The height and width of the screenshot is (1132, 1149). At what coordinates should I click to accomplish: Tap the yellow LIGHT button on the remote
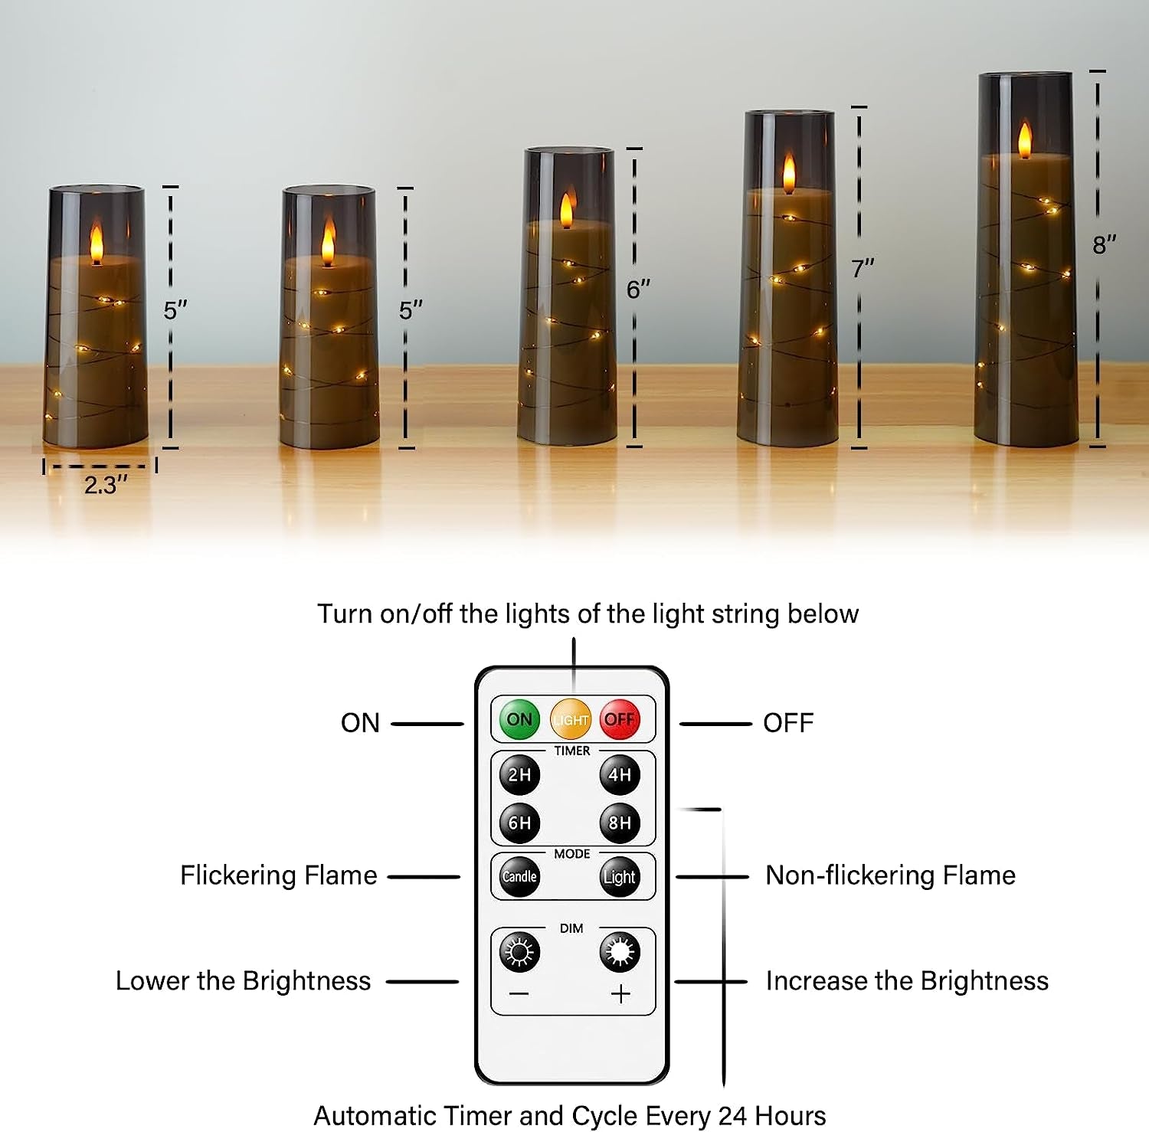point(571,719)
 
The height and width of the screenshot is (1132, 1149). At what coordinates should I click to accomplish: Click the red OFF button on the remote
point(619,719)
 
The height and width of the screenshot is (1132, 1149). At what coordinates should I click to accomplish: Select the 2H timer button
point(519,774)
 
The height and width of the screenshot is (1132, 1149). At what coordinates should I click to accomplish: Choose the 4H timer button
point(619,774)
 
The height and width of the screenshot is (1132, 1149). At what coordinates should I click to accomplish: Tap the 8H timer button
point(619,823)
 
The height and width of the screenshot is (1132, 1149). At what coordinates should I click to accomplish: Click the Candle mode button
point(519,876)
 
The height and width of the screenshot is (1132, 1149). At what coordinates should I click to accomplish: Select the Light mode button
point(619,877)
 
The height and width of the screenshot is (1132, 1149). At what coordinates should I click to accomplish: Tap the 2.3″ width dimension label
point(105,485)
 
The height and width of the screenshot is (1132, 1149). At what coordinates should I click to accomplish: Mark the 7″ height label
point(863,269)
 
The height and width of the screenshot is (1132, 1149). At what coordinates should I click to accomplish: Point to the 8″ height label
point(1104,245)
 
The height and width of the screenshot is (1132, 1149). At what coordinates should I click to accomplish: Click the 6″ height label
point(638,290)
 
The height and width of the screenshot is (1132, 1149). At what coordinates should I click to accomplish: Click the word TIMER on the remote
point(572,751)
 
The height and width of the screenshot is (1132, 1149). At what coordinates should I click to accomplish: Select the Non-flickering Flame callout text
point(890,875)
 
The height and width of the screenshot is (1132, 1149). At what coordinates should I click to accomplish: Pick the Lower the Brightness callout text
point(243,980)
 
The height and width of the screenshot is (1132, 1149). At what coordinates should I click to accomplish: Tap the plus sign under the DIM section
point(620,994)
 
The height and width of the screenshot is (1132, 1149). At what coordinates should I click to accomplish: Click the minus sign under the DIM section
point(519,994)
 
